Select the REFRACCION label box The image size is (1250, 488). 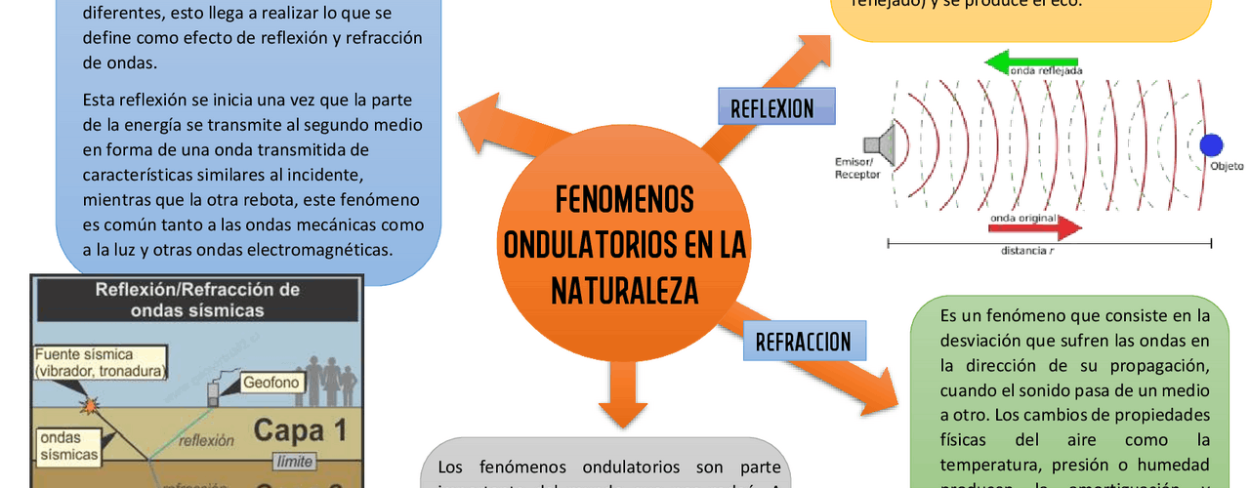click(x=803, y=342)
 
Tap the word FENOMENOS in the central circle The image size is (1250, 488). click(x=625, y=199)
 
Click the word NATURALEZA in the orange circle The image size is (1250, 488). click(x=625, y=289)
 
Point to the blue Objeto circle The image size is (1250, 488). click(x=1211, y=145)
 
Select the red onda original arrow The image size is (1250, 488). click(x=1035, y=228)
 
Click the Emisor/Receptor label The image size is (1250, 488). click(x=856, y=168)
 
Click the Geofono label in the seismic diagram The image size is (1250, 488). click(x=256, y=384)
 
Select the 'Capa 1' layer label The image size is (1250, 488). click(x=301, y=430)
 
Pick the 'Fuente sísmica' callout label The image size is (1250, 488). click(x=100, y=362)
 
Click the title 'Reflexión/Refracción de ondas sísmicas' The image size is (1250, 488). click(x=197, y=300)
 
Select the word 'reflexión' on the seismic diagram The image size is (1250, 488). click(x=207, y=440)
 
